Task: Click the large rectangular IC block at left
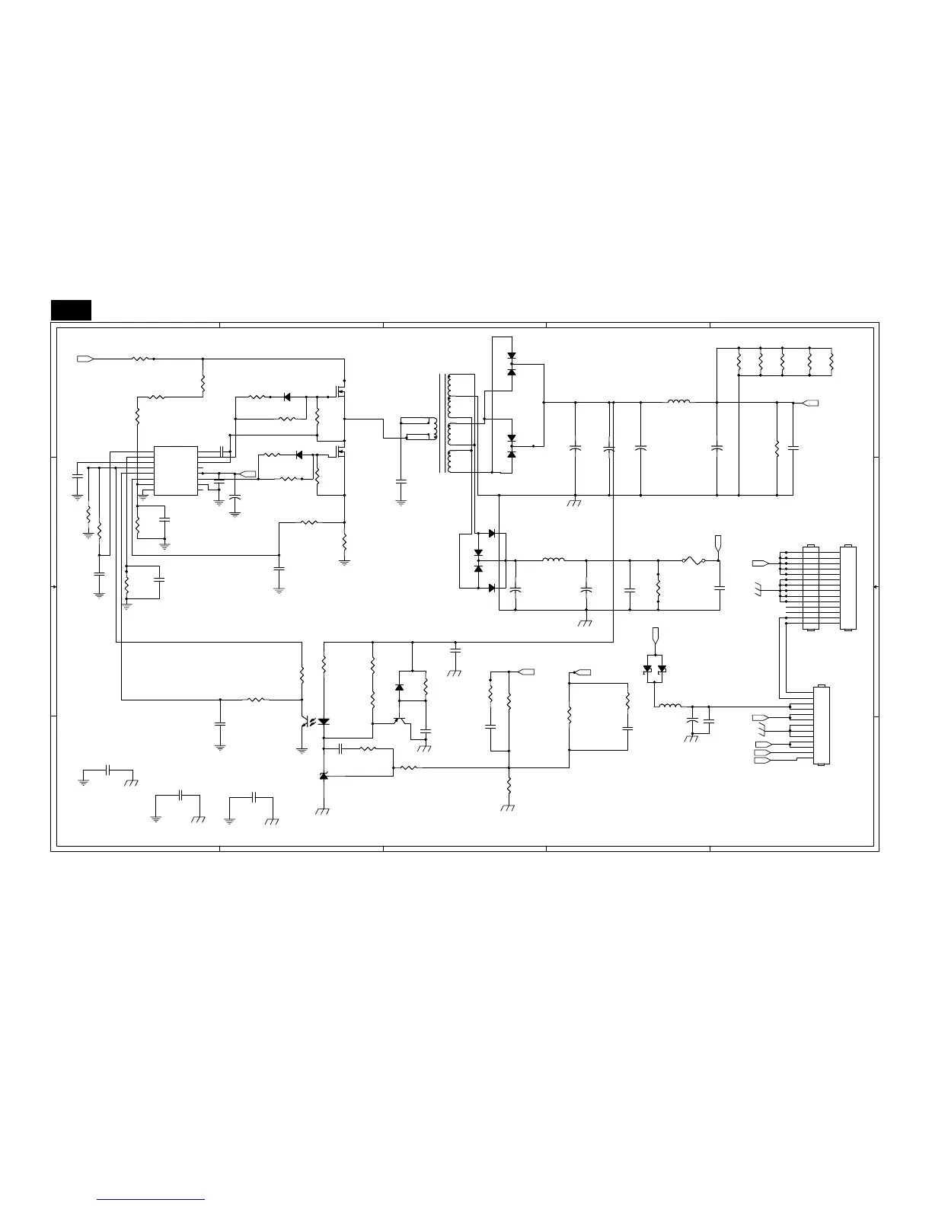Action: click(176, 471)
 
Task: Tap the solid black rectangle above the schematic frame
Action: click(72, 311)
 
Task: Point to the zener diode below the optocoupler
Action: click(324, 776)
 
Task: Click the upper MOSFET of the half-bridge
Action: click(340, 392)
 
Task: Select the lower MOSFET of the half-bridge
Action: click(340, 452)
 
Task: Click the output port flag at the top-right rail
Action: click(811, 403)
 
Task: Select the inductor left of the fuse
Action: click(554, 560)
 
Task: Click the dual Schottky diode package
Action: click(654, 668)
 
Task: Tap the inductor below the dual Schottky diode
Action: click(669, 706)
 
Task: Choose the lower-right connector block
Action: click(822, 726)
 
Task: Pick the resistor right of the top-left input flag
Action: click(142, 358)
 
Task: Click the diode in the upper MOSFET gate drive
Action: click(287, 397)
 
